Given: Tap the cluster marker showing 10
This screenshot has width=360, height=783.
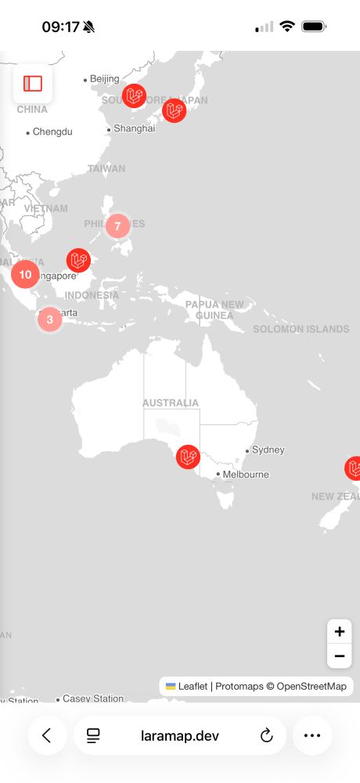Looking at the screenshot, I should pyautogui.click(x=25, y=274).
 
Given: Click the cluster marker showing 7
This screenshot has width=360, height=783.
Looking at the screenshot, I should pyautogui.click(x=117, y=226).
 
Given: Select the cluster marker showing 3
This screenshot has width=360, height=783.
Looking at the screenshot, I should pyautogui.click(x=49, y=319).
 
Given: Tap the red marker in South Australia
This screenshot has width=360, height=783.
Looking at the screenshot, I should pyautogui.click(x=188, y=456).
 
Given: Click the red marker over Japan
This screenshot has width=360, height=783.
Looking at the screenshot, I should pyautogui.click(x=174, y=110).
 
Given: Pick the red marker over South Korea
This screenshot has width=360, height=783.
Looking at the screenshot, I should pyautogui.click(x=134, y=96).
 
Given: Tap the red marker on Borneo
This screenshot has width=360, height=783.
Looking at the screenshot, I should pyautogui.click(x=78, y=260).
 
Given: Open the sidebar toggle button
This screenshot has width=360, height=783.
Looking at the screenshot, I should pyautogui.click(x=33, y=84).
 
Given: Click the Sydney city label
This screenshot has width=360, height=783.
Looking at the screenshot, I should pyautogui.click(x=268, y=450).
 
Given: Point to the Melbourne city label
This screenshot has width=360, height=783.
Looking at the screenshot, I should pyautogui.click(x=245, y=474).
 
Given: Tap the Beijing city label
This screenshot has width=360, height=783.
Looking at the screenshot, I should pyautogui.click(x=104, y=79).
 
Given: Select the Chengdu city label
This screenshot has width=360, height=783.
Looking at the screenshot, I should pyautogui.click(x=52, y=132).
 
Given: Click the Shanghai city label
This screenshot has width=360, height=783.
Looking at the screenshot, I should pyautogui.click(x=134, y=128).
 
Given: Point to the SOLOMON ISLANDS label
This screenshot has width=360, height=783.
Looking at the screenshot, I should pyautogui.click(x=301, y=329).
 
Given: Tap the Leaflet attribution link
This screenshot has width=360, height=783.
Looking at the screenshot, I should pyautogui.click(x=193, y=687).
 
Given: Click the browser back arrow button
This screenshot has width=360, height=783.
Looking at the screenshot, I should pyautogui.click(x=47, y=735).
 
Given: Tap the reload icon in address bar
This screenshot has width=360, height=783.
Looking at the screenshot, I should pyautogui.click(x=266, y=735).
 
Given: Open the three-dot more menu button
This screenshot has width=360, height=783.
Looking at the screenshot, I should pyautogui.click(x=312, y=735).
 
